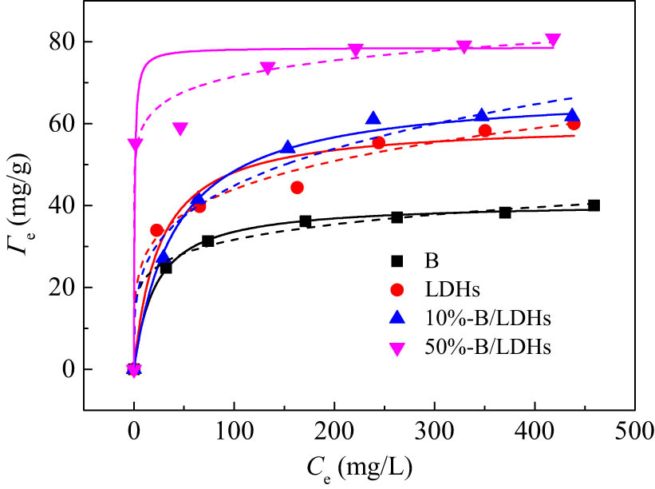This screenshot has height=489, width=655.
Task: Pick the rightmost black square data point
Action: pyautogui.click(x=594, y=205)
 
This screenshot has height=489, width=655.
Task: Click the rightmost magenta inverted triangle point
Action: pyautogui.click(x=553, y=40)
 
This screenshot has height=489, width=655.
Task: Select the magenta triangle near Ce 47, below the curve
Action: pyautogui.click(x=180, y=129)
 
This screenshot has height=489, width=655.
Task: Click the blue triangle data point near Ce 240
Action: pyautogui.click(x=373, y=118)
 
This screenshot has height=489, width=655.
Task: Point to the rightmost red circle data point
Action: pyautogui.click(x=574, y=124)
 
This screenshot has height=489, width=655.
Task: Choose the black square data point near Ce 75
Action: pyautogui.click(x=208, y=241)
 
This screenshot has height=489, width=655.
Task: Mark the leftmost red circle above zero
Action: pyautogui.click(x=156, y=230)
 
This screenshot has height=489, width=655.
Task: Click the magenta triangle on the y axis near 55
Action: pyautogui.click(x=135, y=145)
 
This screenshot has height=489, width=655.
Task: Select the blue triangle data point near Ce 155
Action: pyautogui.click(x=288, y=148)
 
